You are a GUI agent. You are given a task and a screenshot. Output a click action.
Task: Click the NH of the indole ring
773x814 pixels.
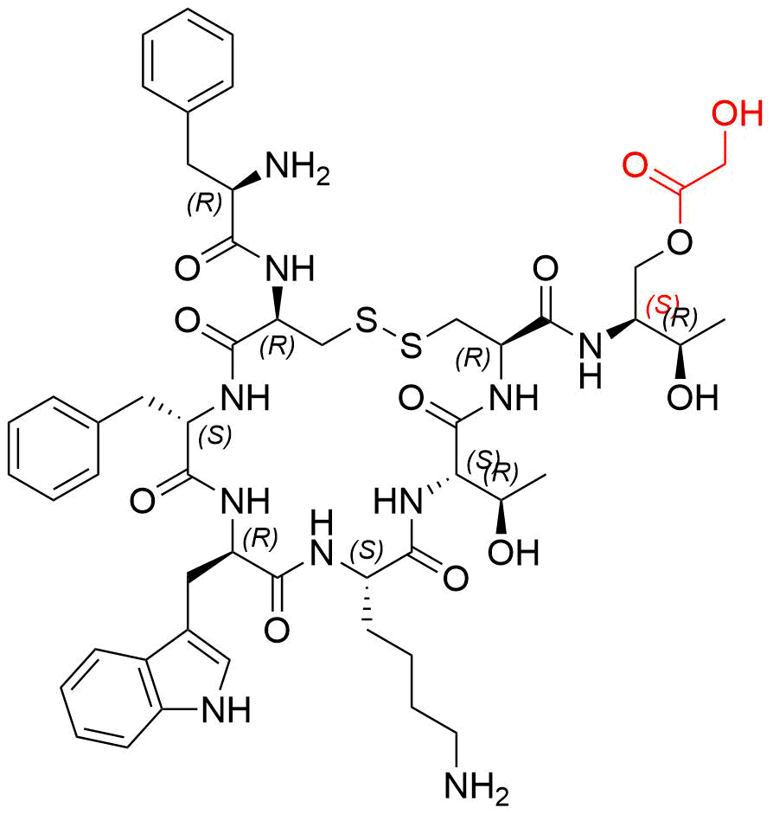click(x=227, y=711)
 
